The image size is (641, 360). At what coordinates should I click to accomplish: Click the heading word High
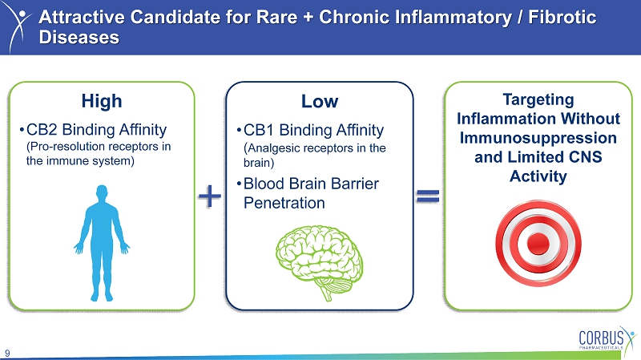[102, 101]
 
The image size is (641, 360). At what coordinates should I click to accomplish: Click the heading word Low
[320, 102]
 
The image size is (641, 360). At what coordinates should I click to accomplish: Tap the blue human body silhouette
[102, 243]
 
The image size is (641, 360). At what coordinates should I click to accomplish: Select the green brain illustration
[319, 262]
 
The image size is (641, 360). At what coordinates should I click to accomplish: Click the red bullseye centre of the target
[538, 244]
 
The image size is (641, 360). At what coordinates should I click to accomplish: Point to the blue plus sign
[210, 196]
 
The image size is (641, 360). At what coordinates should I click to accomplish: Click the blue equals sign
[428, 196]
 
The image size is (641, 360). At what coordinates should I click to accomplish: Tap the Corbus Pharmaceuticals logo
[607, 338]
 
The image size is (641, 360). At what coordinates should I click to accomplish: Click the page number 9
[7, 353]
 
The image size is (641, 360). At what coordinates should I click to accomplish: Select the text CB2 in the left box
[42, 130]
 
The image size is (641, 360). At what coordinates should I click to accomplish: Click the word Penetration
[284, 203]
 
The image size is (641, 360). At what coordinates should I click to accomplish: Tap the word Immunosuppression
[538, 138]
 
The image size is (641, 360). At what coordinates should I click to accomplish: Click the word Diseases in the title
[79, 38]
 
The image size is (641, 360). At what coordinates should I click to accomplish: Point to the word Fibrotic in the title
[562, 17]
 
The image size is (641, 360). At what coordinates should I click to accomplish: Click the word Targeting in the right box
[538, 100]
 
